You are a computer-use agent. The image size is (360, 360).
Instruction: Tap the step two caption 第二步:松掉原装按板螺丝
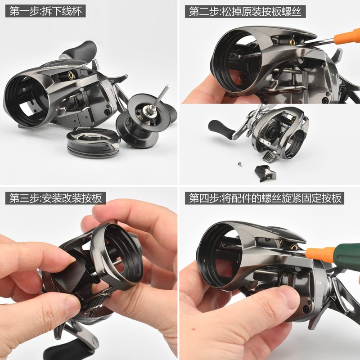245,12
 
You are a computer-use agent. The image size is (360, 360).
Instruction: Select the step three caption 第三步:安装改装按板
55,198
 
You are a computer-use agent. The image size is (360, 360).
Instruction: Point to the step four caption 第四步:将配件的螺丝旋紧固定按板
265,198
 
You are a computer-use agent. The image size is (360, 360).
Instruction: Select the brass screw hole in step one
70,75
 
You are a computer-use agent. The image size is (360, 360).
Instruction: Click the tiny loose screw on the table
239,163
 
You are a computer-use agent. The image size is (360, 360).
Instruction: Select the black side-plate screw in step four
306,310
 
